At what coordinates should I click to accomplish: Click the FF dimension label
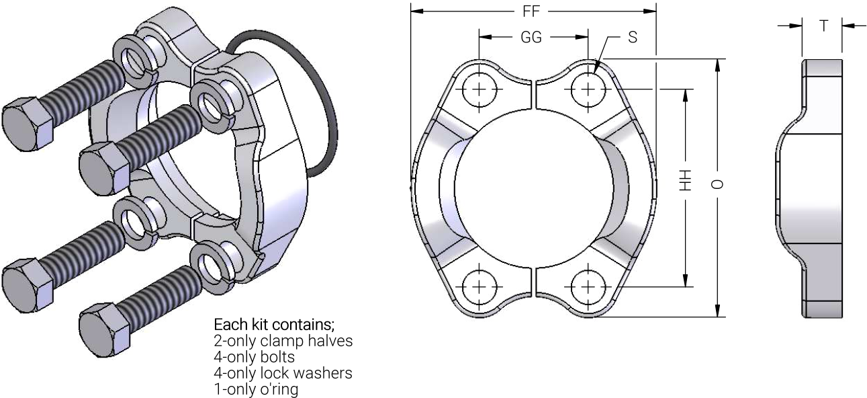(x=531, y=11)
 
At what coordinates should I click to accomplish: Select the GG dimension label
(x=531, y=37)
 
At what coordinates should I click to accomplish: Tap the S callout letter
(x=633, y=37)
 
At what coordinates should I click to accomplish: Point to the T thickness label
(x=823, y=26)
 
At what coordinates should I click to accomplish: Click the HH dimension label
(x=685, y=180)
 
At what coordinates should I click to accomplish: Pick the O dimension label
(x=717, y=184)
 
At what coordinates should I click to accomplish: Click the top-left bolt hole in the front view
(x=479, y=89)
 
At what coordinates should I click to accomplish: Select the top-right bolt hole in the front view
(x=588, y=89)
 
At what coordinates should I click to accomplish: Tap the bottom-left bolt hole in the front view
(x=479, y=287)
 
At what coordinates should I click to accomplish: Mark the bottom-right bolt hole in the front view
(x=588, y=287)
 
